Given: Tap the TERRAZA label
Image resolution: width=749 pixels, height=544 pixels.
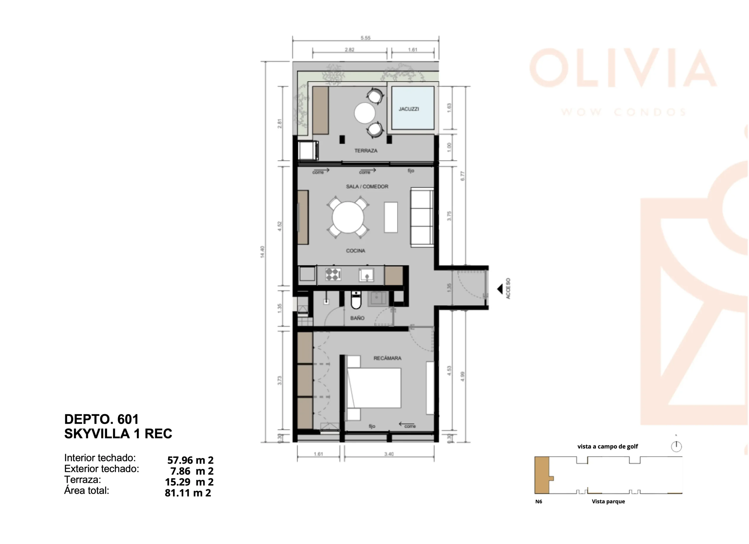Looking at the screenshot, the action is pyautogui.click(x=366, y=151).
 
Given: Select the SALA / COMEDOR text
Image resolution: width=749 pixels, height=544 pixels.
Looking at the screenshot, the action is pyautogui.click(x=367, y=187).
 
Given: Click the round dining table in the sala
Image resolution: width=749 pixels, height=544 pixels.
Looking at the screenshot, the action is pyautogui.click(x=348, y=217).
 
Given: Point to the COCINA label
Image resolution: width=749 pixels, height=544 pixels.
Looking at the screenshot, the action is pyautogui.click(x=355, y=251).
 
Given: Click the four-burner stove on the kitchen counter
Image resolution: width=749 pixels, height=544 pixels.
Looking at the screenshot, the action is pyautogui.click(x=333, y=274).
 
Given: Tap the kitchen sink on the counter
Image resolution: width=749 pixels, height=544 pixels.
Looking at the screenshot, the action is pyautogui.click(x=367, y=275).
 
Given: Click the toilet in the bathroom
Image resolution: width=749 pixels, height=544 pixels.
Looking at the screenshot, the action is pyautogui.click(x=356, y=300).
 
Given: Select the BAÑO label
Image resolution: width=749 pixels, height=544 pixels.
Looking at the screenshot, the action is pyautogui.click(x=357, y=318).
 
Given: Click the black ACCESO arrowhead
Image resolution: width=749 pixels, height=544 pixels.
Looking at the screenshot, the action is pyautogui.click(x=500, y=289).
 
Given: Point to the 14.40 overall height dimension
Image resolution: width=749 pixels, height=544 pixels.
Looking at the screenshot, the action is pyautogui.click(x=262, y=252).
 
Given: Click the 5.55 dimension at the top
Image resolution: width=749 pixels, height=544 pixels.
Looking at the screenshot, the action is pyautogui.click(x=366, y=38).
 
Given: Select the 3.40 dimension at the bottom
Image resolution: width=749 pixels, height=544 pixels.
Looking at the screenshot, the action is pyautogui.click(x=389, y=454).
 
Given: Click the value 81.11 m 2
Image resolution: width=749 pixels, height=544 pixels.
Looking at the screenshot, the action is pyautogui.click(x=188, y=493).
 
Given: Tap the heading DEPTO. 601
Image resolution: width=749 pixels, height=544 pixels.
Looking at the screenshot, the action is pyautogui.click(x=102, y=419).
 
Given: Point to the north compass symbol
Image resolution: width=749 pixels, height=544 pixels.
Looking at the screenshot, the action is pyautogui.click(x=676, y=447).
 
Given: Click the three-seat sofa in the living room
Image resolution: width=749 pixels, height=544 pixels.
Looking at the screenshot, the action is pyautogui.click(x=422, y=217).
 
